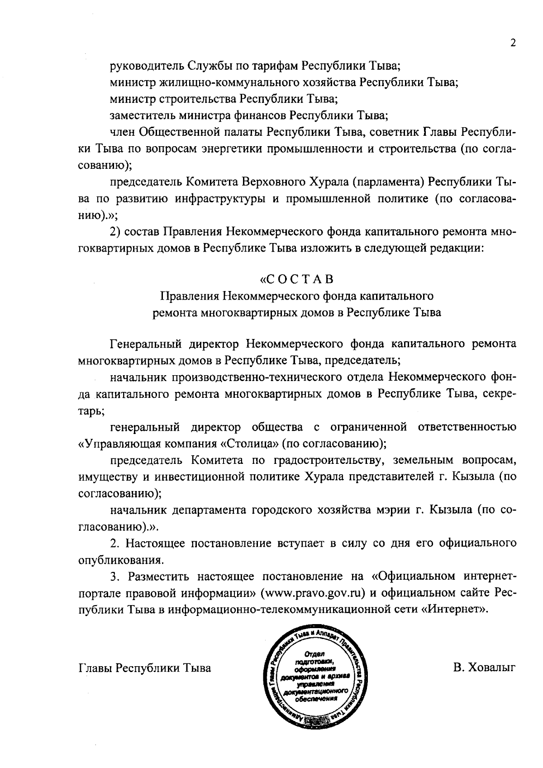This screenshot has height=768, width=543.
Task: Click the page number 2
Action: (513, 43)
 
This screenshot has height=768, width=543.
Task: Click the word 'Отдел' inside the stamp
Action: (314, 654)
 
